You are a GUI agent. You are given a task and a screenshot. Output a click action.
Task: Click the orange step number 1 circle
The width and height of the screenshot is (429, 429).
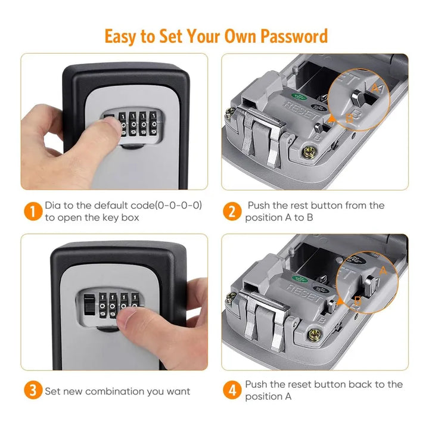point(33,211)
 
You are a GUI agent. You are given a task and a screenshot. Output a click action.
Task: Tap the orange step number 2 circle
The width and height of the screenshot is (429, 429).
point(232,211)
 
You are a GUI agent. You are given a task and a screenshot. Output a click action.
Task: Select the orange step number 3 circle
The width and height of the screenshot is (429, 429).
point(33,390)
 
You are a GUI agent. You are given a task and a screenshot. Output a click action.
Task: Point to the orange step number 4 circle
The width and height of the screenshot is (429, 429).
point(232,390)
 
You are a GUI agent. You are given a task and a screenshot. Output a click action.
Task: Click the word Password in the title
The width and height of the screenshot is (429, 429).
point(294,36)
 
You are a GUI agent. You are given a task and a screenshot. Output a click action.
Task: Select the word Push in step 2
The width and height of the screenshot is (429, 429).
point(258,205)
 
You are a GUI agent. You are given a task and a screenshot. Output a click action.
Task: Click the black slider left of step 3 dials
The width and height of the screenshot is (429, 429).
point(88,304)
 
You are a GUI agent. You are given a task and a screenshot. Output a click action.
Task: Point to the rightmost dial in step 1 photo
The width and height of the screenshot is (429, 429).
point(154,124)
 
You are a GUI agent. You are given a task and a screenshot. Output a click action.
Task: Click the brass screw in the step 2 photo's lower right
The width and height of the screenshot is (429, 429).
point(309,153)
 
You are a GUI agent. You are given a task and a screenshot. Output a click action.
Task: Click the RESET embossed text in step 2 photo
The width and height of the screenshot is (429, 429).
point(302,110)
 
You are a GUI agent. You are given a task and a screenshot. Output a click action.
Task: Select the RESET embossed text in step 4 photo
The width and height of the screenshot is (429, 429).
point(304,292)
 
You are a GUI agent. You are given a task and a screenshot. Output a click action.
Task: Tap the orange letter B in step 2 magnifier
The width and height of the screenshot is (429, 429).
point(349,118)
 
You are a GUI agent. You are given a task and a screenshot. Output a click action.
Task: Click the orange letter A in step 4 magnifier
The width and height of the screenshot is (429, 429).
point(383,271)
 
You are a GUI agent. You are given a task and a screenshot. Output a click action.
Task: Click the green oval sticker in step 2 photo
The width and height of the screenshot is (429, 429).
point(299,97)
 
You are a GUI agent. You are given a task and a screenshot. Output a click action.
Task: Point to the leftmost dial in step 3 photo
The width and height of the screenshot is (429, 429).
point(102,305)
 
